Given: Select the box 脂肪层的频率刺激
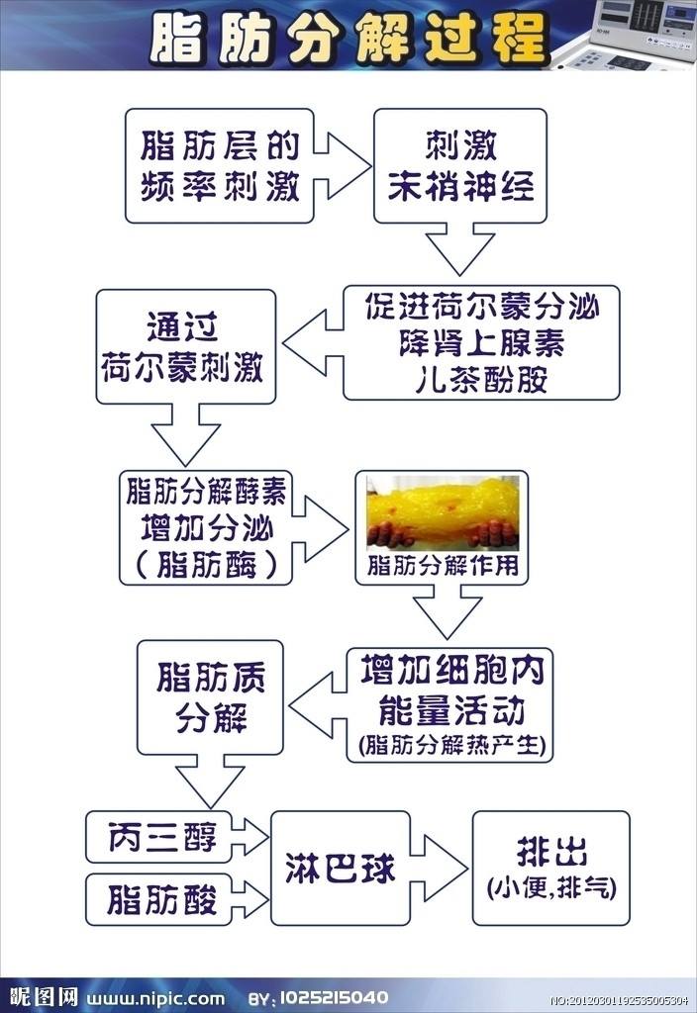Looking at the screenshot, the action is coord(219,166).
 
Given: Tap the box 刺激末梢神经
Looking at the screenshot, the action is coord(460,166).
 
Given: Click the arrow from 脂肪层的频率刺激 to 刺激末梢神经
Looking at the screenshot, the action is coord(343,166).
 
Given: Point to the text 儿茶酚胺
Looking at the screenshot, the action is coord(481,379).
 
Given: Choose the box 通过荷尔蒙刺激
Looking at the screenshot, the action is coord(185,347).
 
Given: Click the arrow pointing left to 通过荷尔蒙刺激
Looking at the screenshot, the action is coord(313,343).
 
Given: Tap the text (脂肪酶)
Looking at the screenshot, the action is coord(207,564).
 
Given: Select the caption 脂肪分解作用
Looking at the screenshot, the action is coord(443,565).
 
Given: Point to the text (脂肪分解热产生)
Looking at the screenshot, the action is coord(451,745).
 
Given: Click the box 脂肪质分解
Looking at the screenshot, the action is coord(210,697).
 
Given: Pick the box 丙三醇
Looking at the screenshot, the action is coord(159,837).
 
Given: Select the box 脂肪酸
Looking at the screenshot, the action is coord(159,899).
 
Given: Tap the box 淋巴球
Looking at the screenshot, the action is coord(341,868).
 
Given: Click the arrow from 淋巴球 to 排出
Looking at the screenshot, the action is coord(439,868).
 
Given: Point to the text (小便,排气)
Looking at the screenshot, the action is coord(551,887).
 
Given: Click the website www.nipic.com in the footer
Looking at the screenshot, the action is coord(155,998).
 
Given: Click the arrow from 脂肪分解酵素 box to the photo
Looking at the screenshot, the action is coord(320,528).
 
